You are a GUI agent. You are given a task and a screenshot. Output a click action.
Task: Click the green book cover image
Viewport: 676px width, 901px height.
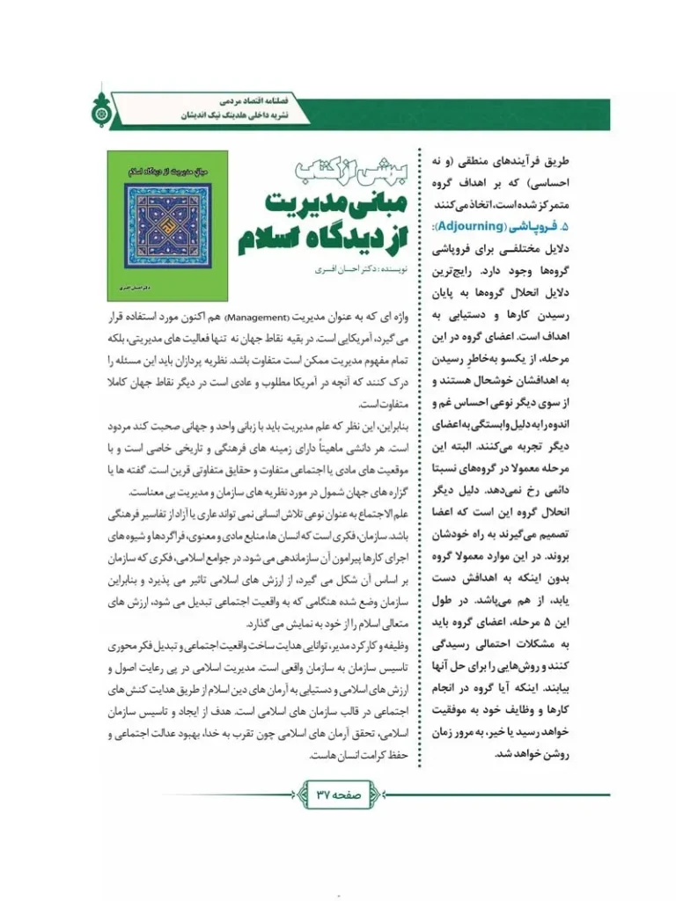pyautogui.click(x=167, y=224)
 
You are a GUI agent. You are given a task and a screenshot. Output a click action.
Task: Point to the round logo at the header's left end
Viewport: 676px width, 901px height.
pyautogui.click(x=96, y=109)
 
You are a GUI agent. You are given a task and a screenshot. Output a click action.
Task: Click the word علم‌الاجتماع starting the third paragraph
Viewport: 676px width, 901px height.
pyautogui.click(x=386, y=513)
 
